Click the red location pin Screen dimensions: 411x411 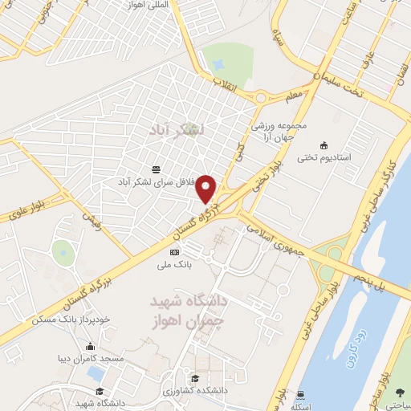pos(207,188)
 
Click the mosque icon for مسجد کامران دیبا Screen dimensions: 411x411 pos(89,348)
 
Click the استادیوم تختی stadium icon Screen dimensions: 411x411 pos(324,145)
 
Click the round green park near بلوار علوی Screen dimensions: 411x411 pos(63,252)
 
